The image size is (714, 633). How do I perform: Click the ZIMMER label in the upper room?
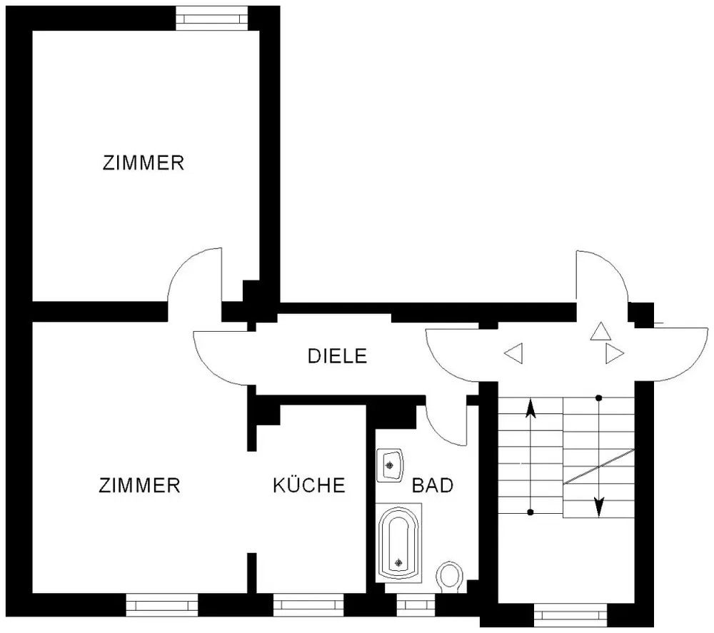click(x=144, y=163)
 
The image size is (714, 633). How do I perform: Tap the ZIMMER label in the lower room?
click(x=140, y=486)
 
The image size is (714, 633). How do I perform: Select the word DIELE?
click(x=337, y=355)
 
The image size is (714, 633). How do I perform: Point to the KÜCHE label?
click(x=309, y=486)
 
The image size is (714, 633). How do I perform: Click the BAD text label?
click(x=433, y=486)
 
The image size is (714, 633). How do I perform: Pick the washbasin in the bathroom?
click(x=390, y=466)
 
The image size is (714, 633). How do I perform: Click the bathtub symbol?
click(x=398, y=542)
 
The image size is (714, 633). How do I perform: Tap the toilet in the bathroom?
click(x=449, y=577)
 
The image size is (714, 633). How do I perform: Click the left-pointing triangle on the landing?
click(x=513, y=353)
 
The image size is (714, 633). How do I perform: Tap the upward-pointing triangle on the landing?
click(x=600, y=331)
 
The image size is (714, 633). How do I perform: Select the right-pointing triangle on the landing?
click(x=613, y=353)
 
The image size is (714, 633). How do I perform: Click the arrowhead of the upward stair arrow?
click(x=530, y=408)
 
